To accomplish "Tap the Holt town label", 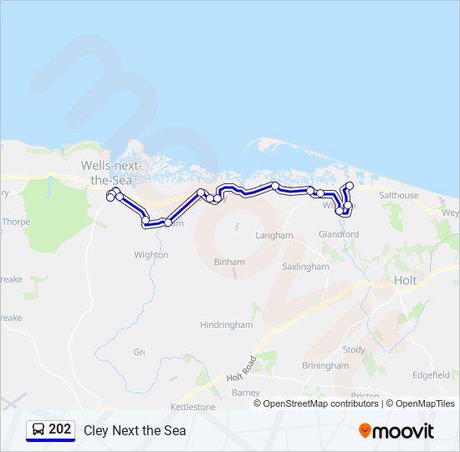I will pyautogui.click(x=405, y=280).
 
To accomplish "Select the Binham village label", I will pyautogui.click(x=229, y=262).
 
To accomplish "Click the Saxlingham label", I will pyautogui.click(x=305, y=267).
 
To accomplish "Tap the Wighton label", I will pyautogui.click(x=151, y=254).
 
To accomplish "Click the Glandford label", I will pyautogui.click(x=339, y=234).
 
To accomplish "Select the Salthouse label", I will pyautogui.click(x=398, y=195).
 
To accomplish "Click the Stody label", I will pyautogui.click(x=354, y=349).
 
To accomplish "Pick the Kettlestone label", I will pyautogui.click(x=193, y=407).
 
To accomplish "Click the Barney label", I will pyautogui.click(x=246, y=392).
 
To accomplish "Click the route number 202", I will pyautogui.click(x=59, y=429).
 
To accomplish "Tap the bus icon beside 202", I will pyautogui.click(x=38, y=430).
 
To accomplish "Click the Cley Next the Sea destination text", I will pyautogui.click(x=135, y=431).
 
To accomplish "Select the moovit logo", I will pyautogui.click(x=396, y=431).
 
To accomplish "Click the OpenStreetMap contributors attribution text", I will pyautogui.click(x=320, y=403).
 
